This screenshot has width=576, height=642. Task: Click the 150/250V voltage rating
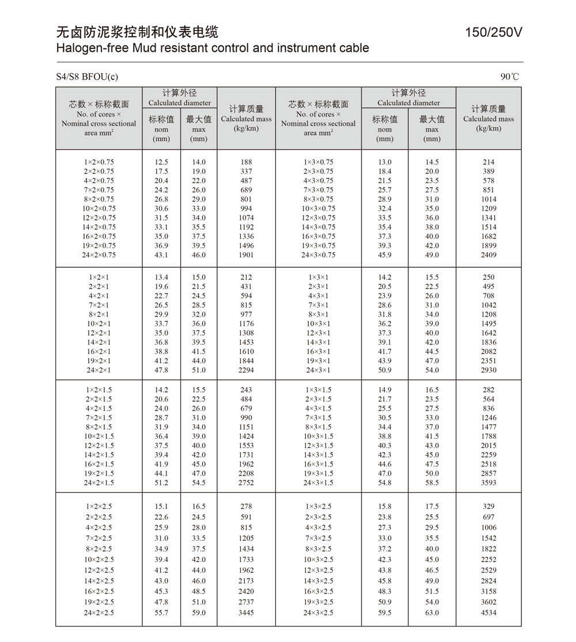(x=494, y=33)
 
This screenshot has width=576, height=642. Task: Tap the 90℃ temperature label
(x=510, y=77)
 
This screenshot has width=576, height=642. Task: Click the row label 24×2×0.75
(x=99, y=255)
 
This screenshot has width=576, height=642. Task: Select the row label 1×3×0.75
(x=319, y=162)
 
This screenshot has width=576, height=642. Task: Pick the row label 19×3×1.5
(x=319, y=473)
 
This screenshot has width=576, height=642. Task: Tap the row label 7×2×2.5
(x=99, y=538)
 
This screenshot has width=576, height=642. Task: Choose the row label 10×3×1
(x=319, y=324)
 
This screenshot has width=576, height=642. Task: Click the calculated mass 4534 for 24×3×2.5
(x=488, y=613)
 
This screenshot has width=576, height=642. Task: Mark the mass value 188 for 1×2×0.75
(x=246, y=162)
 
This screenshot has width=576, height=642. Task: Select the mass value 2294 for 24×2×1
(x=246, y=370)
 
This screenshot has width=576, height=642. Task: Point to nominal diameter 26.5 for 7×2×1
(x=161, y=305)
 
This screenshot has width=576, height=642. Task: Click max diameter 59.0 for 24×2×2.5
(x=199, y=613)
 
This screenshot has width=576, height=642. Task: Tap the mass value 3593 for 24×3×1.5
(x=488, y=483)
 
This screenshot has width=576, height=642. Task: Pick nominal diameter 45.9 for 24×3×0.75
(x=385, y=255)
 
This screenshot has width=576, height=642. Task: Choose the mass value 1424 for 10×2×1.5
(x=246, y=436)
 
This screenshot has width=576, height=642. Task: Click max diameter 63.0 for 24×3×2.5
(x=432, y=613)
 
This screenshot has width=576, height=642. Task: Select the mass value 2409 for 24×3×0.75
(x=488, y=255)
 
